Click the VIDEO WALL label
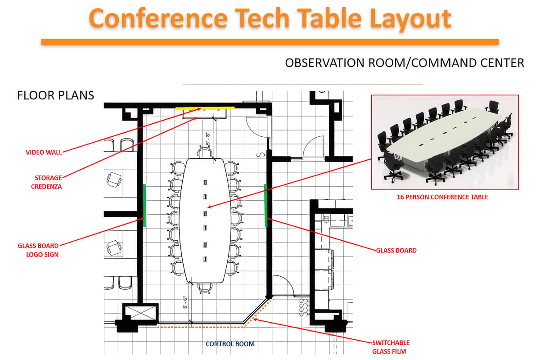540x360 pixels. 44,153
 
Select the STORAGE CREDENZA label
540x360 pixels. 46,182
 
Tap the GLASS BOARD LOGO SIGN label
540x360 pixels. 38,250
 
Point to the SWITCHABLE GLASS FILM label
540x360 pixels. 391,347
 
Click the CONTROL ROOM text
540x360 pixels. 230,344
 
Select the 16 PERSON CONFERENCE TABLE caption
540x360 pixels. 442,197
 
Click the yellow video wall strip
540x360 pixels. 205,108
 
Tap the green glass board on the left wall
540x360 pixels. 144,206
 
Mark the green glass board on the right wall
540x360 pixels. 265,206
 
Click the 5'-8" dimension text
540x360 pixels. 208,139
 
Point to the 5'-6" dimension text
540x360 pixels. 185,302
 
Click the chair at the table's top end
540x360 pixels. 205,153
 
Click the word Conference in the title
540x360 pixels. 158,18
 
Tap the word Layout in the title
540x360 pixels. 410,19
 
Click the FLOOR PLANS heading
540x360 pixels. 55,95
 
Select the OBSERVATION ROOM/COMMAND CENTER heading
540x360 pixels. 405,63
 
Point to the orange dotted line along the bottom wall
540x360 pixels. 201,327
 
